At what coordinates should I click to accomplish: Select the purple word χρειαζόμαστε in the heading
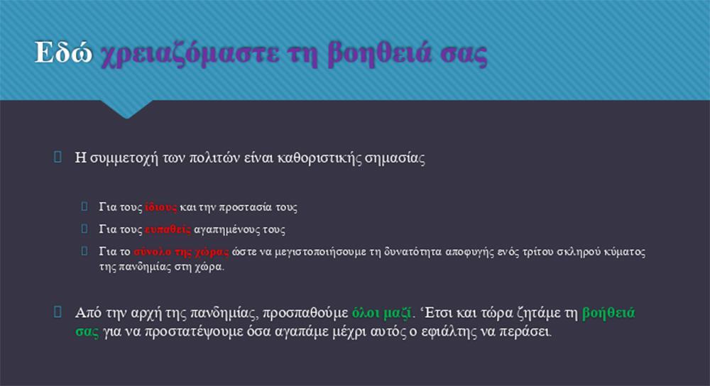(190, 55)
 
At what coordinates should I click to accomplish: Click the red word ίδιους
(160, 207)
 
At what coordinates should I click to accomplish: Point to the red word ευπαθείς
(168, 229)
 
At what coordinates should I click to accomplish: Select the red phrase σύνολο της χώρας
(182, 252)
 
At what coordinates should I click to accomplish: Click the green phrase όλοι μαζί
(382, 313)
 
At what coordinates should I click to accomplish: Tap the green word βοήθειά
(608, 313)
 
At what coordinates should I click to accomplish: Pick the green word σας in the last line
(87, 331)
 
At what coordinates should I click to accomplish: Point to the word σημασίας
(395, 158)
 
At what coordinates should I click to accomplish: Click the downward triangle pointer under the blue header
(126, 109)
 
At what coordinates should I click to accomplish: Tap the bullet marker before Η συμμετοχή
(58, 157)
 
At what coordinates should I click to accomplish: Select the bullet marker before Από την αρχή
(58, 311)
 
